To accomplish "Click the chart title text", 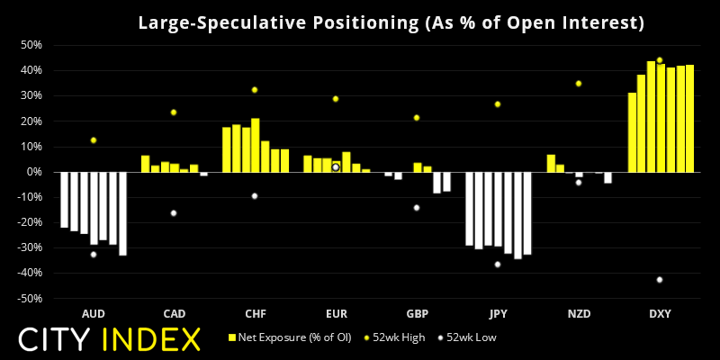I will coord(391,22).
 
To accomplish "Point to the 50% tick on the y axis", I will coord(31,44).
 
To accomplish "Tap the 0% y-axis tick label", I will coord(35,172).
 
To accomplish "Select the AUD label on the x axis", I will coord(93,313).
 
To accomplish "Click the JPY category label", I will coord(498,313).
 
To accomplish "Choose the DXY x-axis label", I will coord(660,313).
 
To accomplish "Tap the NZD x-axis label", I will coord(579,313).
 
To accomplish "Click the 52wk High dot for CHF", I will coord(255,90).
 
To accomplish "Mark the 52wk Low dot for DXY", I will coord(660,280).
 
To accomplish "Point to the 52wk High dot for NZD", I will coord(579,84).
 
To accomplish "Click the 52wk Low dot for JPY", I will coord(498,265).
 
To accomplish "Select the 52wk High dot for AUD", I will coord(93,140).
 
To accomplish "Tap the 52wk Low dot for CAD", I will coord(174,213).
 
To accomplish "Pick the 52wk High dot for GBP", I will coord(417,117).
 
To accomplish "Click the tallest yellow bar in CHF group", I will coord(256,144).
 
